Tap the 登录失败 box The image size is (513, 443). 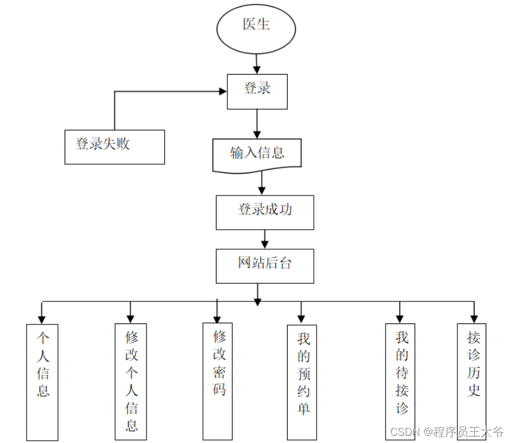(x=114, y=146)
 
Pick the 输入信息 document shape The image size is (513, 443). (x=257, y=154)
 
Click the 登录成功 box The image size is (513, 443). (x=265, y=211)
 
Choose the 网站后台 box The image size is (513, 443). (x=265, y=265)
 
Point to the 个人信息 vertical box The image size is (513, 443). (x=43, y=381)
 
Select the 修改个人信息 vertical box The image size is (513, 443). (x=131, y=381)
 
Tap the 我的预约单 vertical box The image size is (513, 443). (x=302, y=381)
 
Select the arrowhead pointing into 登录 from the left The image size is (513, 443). (x=223, y=91)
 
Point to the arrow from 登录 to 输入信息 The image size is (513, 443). (x=257, y=124)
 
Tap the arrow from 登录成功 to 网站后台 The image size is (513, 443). (x=265, y=239)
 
